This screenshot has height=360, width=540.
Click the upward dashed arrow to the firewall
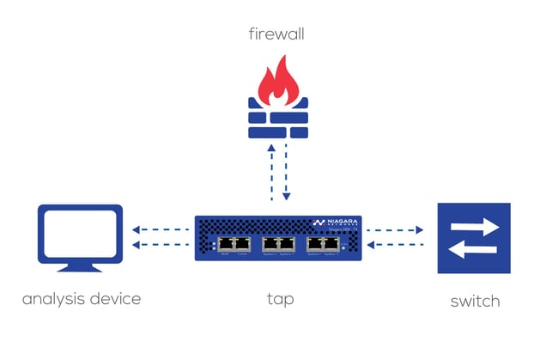click(x=271, y=171)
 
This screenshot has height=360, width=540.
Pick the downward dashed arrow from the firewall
click(x=286, y=171)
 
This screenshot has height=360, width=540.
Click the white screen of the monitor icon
click(x=79, y=232)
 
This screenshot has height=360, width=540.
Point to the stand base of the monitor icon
click(x=79, y=265)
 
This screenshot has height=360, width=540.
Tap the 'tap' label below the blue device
click(x=280, y=301)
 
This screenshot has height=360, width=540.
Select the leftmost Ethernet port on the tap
click(x=225, y=243)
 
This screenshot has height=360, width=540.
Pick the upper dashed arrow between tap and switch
click(x=396, y=229)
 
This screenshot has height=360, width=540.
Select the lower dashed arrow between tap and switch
click(x=396, y=245)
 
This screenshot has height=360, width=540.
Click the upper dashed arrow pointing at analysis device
click(x=161, y=229)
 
